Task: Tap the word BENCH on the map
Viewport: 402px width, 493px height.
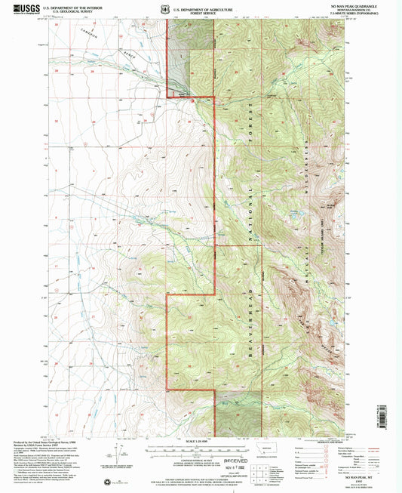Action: coord(133,55)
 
